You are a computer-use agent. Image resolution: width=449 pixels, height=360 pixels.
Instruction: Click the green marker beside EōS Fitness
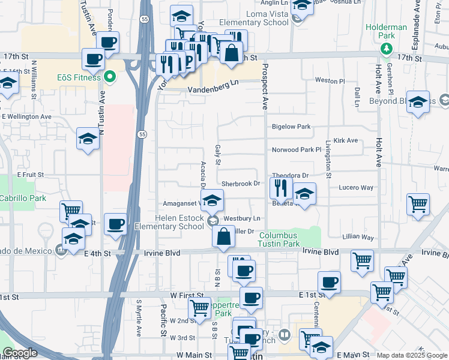(110, 76)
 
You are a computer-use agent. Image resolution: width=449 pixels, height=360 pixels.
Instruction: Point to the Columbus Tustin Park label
(279, 239)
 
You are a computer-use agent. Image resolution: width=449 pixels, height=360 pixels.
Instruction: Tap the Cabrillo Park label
(22, 197)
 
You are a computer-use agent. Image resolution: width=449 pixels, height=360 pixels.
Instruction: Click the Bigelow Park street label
(291, 127)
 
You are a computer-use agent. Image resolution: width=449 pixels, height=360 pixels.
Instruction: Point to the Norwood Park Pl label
(297, 149)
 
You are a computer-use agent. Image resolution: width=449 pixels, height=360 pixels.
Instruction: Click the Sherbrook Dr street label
(240, 184)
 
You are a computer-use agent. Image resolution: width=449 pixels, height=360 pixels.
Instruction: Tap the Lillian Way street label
(358, 238)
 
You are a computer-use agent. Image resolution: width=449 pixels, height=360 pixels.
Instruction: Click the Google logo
(20, 353)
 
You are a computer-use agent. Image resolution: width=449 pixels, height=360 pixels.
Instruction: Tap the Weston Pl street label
(330, 80)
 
